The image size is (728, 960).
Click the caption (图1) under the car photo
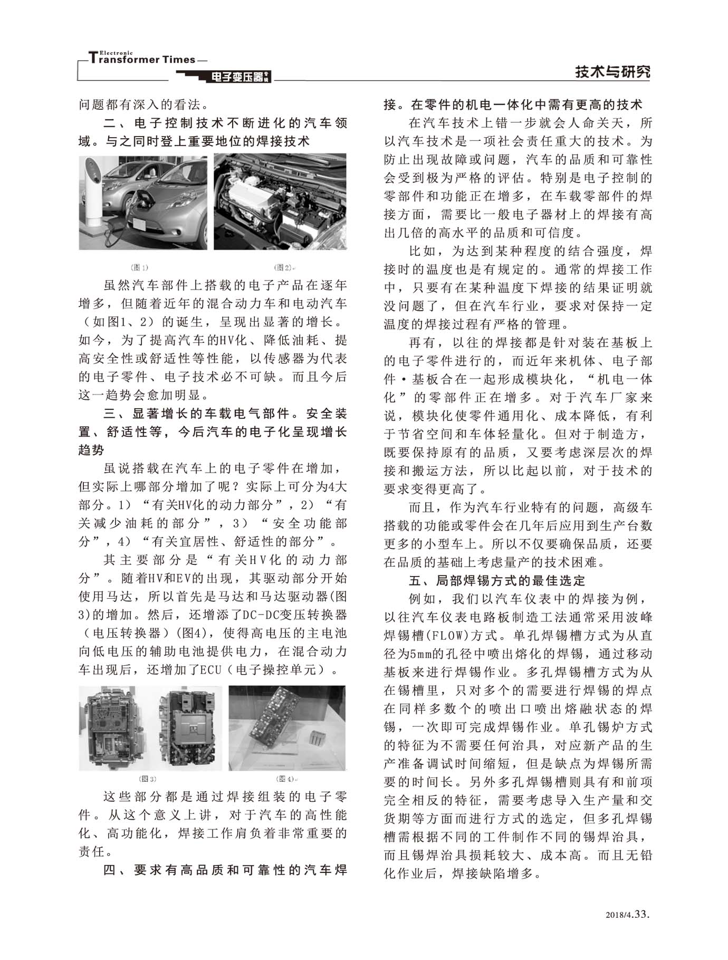[139, 267]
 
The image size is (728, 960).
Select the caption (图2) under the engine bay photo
[283, 267]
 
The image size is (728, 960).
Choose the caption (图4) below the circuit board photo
[285, 779]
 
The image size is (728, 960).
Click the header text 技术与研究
[612, 72]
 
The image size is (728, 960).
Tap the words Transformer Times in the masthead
[142, 60]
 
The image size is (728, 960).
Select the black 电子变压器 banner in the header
[237, 78]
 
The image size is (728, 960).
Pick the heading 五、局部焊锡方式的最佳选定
[497, 581]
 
